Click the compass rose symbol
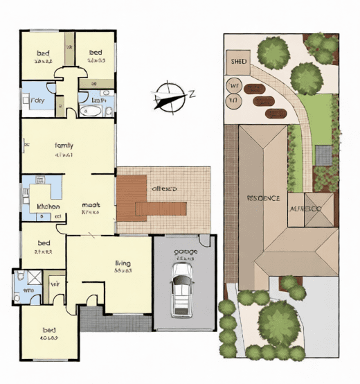[168, 96]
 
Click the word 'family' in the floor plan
[64, 146]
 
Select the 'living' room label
[123, 264]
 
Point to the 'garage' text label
[185, 251]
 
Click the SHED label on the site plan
[237, 61]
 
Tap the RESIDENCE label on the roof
[263, 198]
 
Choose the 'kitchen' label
[48, 207]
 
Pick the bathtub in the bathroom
[91, 111]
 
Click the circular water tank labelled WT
[234, 87]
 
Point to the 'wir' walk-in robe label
[54, 283]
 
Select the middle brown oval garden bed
[264, 101]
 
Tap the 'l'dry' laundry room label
[38, 101]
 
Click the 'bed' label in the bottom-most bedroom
[49, 330]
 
